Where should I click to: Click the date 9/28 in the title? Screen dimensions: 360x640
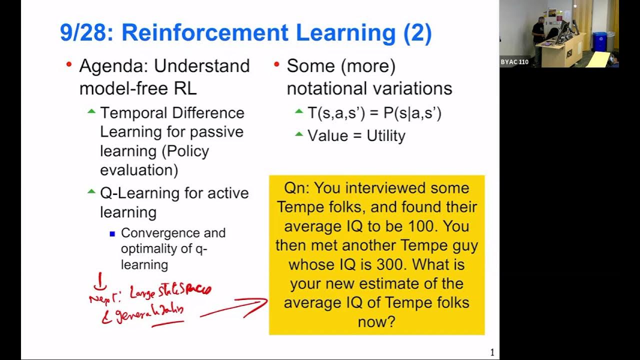[x=85, y=33]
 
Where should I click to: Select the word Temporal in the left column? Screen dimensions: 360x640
[x=132, y=113]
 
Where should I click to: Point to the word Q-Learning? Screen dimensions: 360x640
[x=131, y=193]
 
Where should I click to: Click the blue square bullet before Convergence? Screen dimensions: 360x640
[x=112, y=233]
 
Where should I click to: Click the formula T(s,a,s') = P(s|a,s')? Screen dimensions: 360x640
[x=374, y=113]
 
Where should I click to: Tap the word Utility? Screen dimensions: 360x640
[x=385, y=136]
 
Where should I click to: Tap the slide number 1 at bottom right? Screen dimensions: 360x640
[x=492, y=352]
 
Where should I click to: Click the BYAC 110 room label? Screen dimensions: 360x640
[x=514, y=62]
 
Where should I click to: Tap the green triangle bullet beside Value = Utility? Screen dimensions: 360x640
[x=298, y=134]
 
